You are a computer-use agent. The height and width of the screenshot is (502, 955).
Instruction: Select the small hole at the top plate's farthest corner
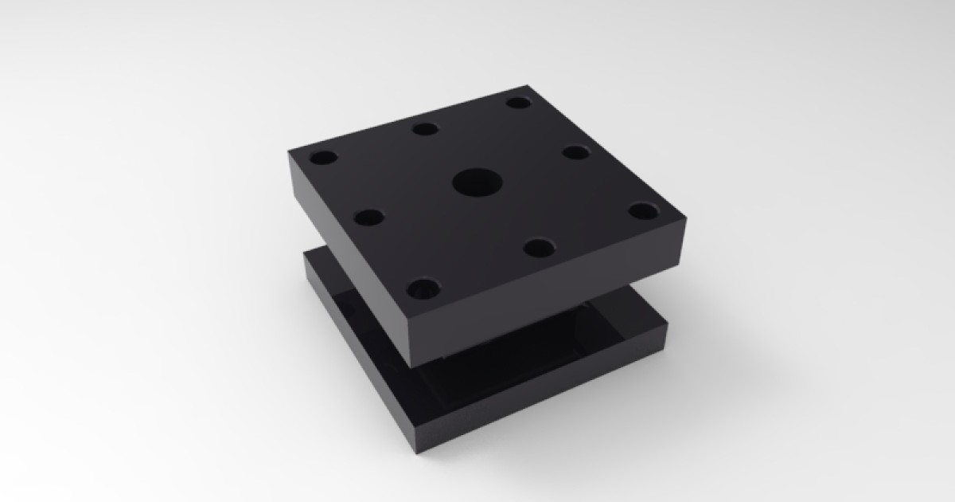519,103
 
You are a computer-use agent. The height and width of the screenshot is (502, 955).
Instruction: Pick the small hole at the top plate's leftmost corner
324,157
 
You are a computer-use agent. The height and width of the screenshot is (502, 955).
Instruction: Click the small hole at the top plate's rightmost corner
642,211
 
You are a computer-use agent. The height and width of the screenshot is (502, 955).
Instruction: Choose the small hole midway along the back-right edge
574,151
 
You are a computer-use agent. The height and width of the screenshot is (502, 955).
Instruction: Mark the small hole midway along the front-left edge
368,217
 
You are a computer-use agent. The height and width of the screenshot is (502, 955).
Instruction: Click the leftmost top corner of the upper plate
286,151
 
